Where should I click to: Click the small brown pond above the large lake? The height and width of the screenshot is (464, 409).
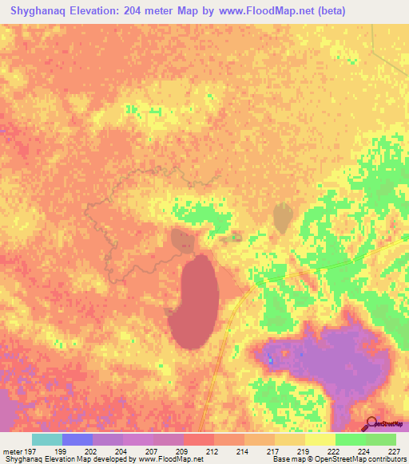181,238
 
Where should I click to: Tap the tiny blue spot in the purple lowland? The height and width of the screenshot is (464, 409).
271,361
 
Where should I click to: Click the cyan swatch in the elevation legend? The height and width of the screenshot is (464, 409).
46,439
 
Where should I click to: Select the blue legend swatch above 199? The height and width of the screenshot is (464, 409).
77,439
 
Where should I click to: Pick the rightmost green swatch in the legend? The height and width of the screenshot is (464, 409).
380,439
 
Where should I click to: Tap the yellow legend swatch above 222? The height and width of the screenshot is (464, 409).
320,439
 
